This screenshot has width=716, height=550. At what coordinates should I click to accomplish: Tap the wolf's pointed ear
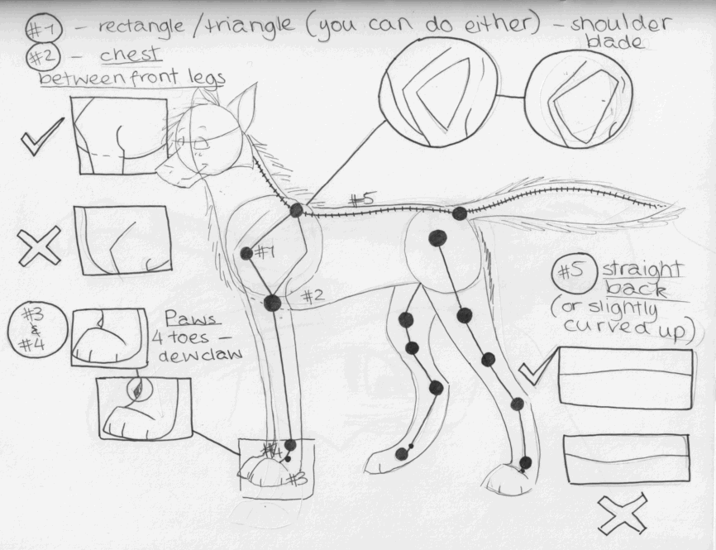point(241,103)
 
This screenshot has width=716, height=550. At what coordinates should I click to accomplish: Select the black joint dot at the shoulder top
point(296,211)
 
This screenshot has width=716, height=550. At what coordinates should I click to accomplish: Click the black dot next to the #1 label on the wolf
point(246,253)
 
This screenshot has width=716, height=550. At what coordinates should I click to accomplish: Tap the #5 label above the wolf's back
point(361,199)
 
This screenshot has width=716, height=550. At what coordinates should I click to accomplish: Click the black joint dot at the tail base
point(460,213)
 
